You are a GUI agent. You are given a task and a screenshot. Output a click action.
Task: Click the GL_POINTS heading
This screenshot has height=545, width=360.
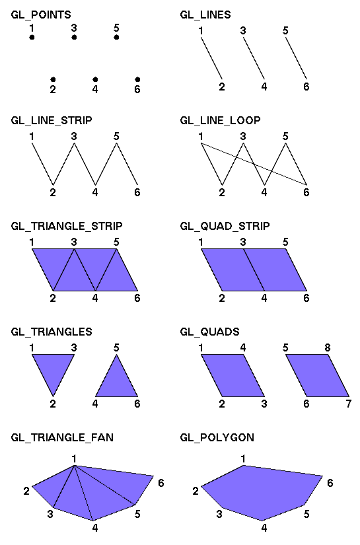coord(41,15)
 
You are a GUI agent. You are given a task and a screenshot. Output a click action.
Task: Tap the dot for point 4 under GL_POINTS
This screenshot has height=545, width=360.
coord(95,79)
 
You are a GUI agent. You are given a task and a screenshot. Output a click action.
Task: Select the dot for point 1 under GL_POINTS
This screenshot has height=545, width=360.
coord(32,37)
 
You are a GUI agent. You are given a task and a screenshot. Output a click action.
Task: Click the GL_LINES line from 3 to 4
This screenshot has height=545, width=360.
coord(254,58)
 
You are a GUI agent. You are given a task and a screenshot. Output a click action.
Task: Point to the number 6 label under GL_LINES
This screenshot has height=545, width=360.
coord(306,87)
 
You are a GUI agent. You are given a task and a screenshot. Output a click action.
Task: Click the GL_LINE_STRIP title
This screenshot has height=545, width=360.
coord(52,121)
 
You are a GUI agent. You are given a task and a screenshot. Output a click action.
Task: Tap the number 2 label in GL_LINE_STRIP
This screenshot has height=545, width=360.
coord(53,192)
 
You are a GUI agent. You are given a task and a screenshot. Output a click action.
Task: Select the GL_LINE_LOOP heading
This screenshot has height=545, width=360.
coord(221,121)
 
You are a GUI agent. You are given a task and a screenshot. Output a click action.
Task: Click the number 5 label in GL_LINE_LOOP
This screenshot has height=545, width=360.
coord(285,136)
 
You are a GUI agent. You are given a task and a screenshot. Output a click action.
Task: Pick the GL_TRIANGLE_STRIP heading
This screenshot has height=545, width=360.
coord(67,227)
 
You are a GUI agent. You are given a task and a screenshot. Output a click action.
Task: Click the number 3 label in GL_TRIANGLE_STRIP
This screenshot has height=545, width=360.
coord(74,242)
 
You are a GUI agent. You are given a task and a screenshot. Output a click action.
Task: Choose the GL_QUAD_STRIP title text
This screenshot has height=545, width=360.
coord(225,227)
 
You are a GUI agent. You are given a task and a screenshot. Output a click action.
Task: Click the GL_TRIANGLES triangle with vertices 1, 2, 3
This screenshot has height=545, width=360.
coord(53,369)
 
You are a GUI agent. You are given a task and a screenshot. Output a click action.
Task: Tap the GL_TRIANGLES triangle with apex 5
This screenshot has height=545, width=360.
coord(116,382)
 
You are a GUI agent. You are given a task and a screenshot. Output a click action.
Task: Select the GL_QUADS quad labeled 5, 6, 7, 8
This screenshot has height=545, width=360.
coord(317,375)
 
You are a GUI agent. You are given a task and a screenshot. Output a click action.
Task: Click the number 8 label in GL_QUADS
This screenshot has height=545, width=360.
coord(328,347)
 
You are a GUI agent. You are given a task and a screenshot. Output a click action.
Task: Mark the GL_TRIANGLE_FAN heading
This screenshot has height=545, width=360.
coord(62,437)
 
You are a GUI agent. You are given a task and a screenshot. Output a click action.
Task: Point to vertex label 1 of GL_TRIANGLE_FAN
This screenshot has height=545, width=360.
coord(74,459)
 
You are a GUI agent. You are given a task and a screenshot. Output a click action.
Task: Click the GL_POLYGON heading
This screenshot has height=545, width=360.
coord(217,437)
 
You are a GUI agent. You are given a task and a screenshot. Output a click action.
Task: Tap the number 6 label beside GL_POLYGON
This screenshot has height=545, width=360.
coord(330,483)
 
